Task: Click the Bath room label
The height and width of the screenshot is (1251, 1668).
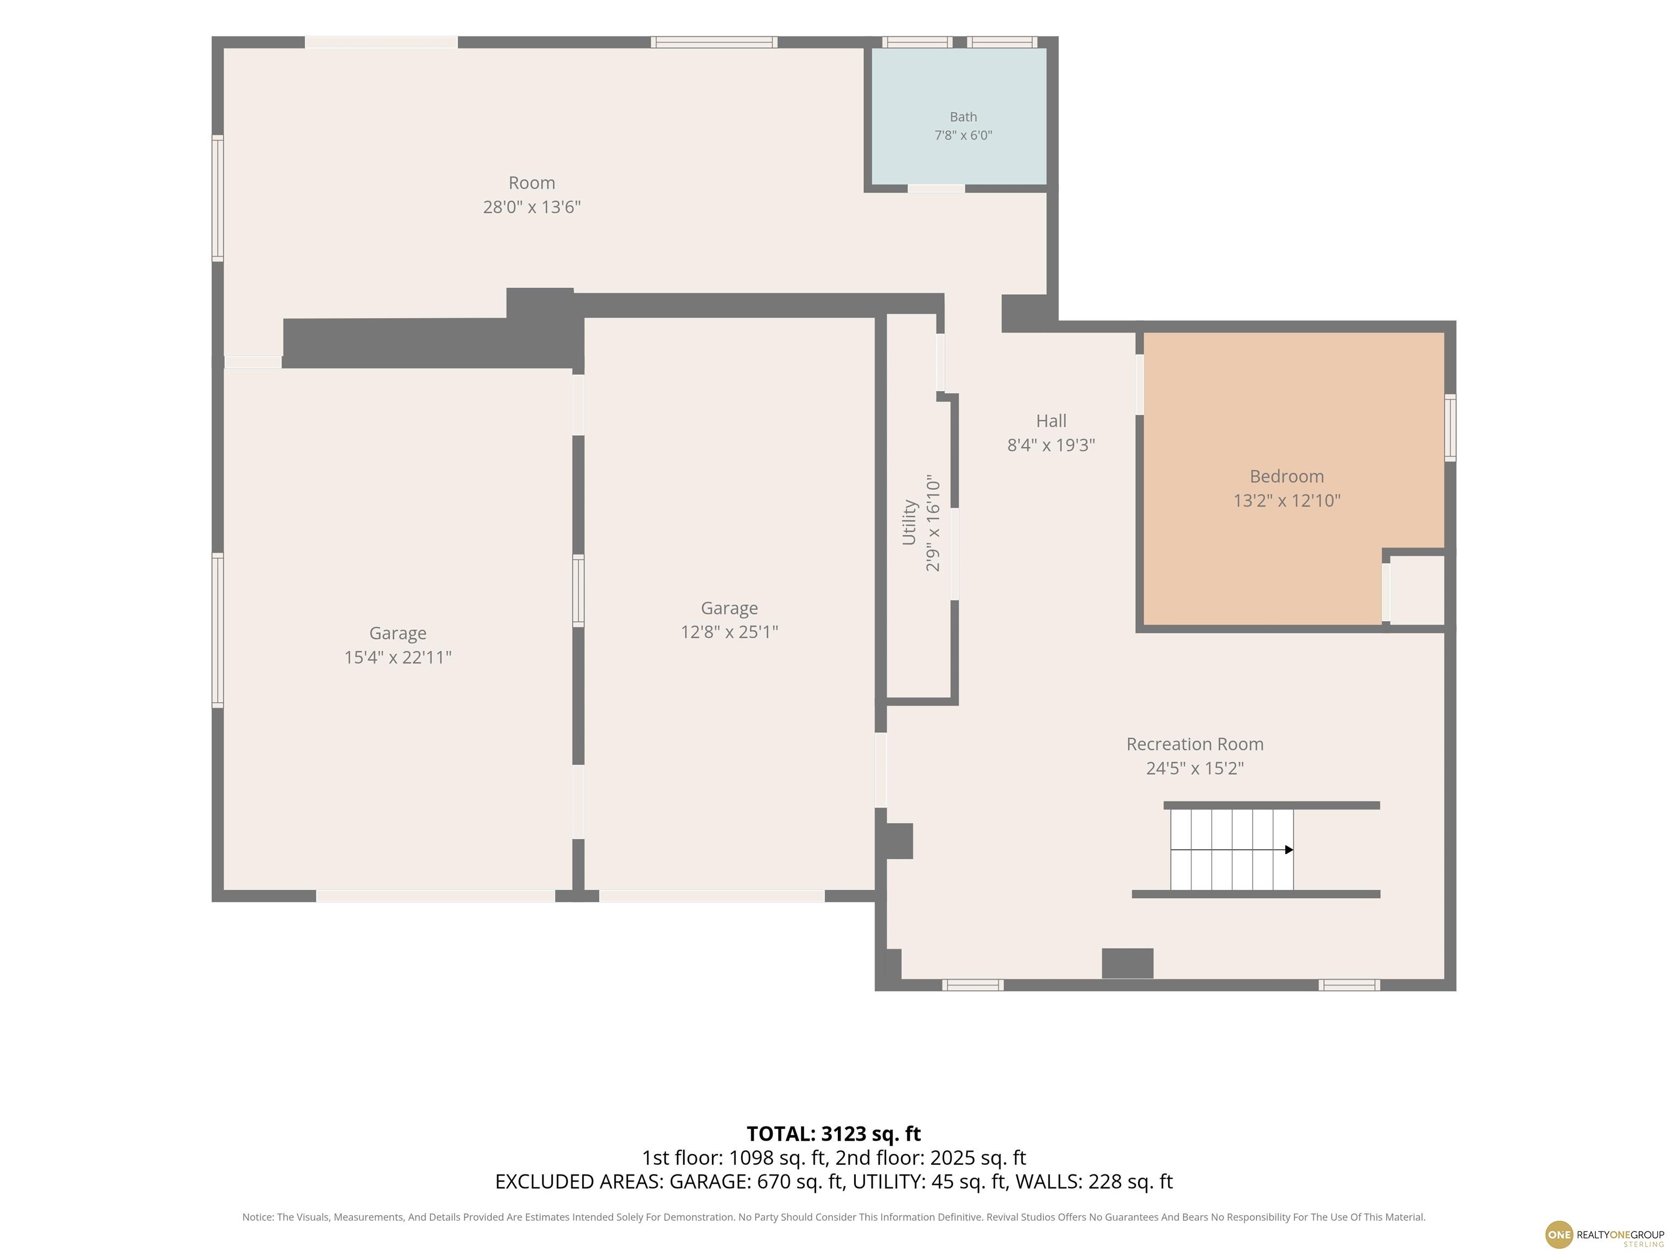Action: click(x=963, y=117)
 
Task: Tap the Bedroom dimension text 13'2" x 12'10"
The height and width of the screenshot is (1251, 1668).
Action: click(x=1286, y=501)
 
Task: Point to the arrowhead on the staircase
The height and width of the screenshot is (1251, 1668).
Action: click(x=1288, y=850)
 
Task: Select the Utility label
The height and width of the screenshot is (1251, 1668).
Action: click(x=909, y=522)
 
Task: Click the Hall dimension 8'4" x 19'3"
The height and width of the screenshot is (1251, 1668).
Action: click(x=1051, y=445)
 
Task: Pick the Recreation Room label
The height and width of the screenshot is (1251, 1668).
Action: click(x=1195, y=744)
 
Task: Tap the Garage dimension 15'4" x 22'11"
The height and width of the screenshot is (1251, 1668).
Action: click(x=397, y=658)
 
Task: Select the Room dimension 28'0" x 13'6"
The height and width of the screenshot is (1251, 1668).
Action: click(x=532, y=207)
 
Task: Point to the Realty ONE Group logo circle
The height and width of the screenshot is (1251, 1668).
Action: click(x=1559, y=1234)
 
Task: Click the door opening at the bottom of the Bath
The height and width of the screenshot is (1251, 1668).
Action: click(x=936, y=188)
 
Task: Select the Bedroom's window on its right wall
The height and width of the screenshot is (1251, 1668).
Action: click(x=1450, y=427)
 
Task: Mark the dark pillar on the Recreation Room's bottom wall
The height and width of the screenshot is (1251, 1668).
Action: click(x=1127, y=963)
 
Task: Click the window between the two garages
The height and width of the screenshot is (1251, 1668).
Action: click(x=578, y=591)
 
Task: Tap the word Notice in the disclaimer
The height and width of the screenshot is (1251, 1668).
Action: click(x=257, y=1217)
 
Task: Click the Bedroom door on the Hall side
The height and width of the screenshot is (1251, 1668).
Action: click(x=1139, y=384)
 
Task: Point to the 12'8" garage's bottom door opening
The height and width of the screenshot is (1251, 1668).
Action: click(x=712, y=896)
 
